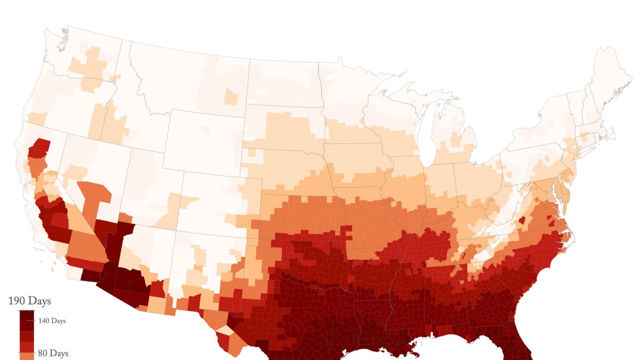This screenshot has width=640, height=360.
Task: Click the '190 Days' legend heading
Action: tap(29, 301)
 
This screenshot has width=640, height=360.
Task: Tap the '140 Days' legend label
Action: tap(51, 321)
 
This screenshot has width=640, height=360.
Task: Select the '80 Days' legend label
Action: tap(52, 353)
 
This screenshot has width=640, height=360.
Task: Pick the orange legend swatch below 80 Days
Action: tap(27, 357)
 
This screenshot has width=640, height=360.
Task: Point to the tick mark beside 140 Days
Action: tap(35, 321)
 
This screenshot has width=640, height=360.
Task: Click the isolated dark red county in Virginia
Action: tap(522, 220)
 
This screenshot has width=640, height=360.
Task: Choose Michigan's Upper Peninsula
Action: tap(421, 99)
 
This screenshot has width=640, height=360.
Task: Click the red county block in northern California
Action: tap(38, 148)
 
